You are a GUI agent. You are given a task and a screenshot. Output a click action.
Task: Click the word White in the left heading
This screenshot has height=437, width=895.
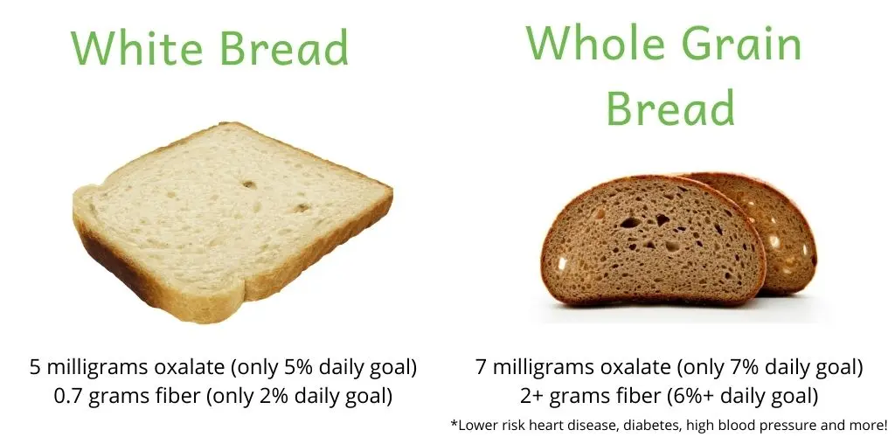pyautogui.click(x=136, y=47)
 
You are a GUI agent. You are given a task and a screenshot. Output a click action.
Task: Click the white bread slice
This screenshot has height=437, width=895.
pyautogui.click(x=232, y=219)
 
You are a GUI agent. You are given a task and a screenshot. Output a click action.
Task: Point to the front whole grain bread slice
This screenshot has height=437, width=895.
pyautogui.click(x=653, y=240)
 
